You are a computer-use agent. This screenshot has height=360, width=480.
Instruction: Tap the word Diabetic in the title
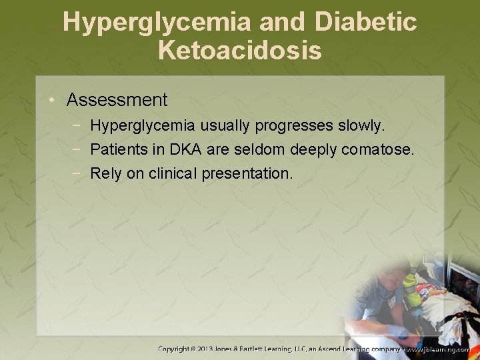coord(366,22)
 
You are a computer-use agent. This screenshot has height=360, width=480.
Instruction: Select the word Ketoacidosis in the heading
coord(240,50)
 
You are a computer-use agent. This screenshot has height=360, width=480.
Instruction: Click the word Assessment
coord(117,100)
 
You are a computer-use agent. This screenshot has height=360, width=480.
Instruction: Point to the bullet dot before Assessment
coord(53,101)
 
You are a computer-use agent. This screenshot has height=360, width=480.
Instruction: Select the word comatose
coord(378,149)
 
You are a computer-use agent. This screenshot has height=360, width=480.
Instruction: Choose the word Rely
coord(105,173)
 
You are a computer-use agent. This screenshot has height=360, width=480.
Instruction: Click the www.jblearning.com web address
coord(441,349)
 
